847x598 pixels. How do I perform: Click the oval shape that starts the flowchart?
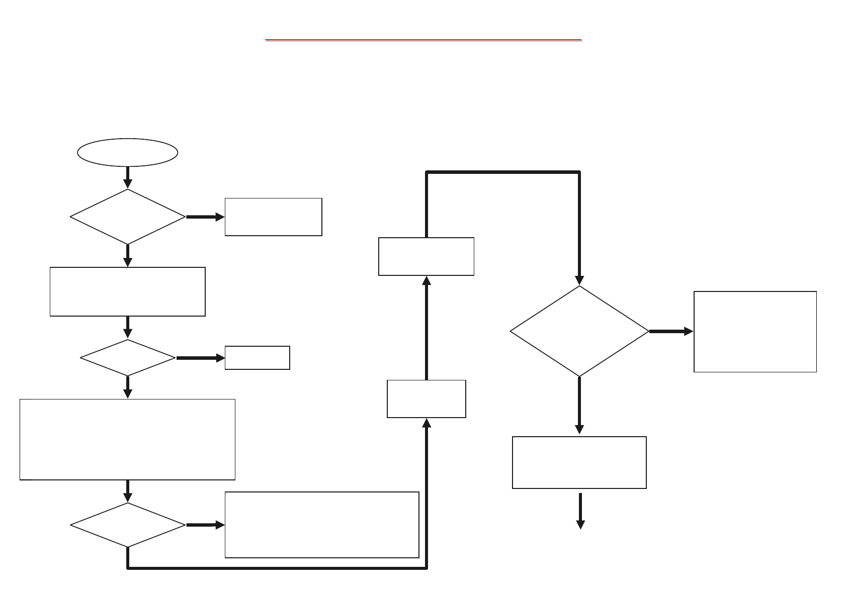[x=127, y=152]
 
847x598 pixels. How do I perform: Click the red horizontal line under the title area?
[x=423, y=39]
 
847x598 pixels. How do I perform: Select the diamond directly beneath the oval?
[x=127, y=217]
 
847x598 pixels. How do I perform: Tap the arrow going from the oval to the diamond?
[x=128, y=177]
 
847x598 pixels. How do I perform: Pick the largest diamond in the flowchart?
[x=579, y=331]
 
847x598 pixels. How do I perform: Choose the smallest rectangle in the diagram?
[x=257, y=358]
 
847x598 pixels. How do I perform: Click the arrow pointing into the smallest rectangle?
[x=200, y=358]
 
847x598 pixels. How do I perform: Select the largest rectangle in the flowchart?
[x=127, y=439]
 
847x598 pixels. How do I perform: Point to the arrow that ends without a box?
[x=580, y=511]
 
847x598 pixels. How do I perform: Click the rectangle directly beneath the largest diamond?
[x=579, y=462]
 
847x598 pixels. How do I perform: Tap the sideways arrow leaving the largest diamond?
[x=670, y=332]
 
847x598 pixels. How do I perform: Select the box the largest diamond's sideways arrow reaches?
[x=754, y=332]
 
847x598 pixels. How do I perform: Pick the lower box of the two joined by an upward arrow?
[x=426, y=398]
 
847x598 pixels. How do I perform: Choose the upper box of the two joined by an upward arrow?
[x=426, y=256]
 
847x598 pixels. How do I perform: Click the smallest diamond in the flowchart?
[x=127, y=358]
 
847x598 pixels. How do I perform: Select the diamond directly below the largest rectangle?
[x=127, y=525]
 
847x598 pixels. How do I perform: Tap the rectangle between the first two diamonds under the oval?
[x=127, y=291]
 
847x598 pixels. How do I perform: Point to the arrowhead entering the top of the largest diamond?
[x=579, y=280]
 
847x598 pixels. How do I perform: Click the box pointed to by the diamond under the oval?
[x=273, y=217]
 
